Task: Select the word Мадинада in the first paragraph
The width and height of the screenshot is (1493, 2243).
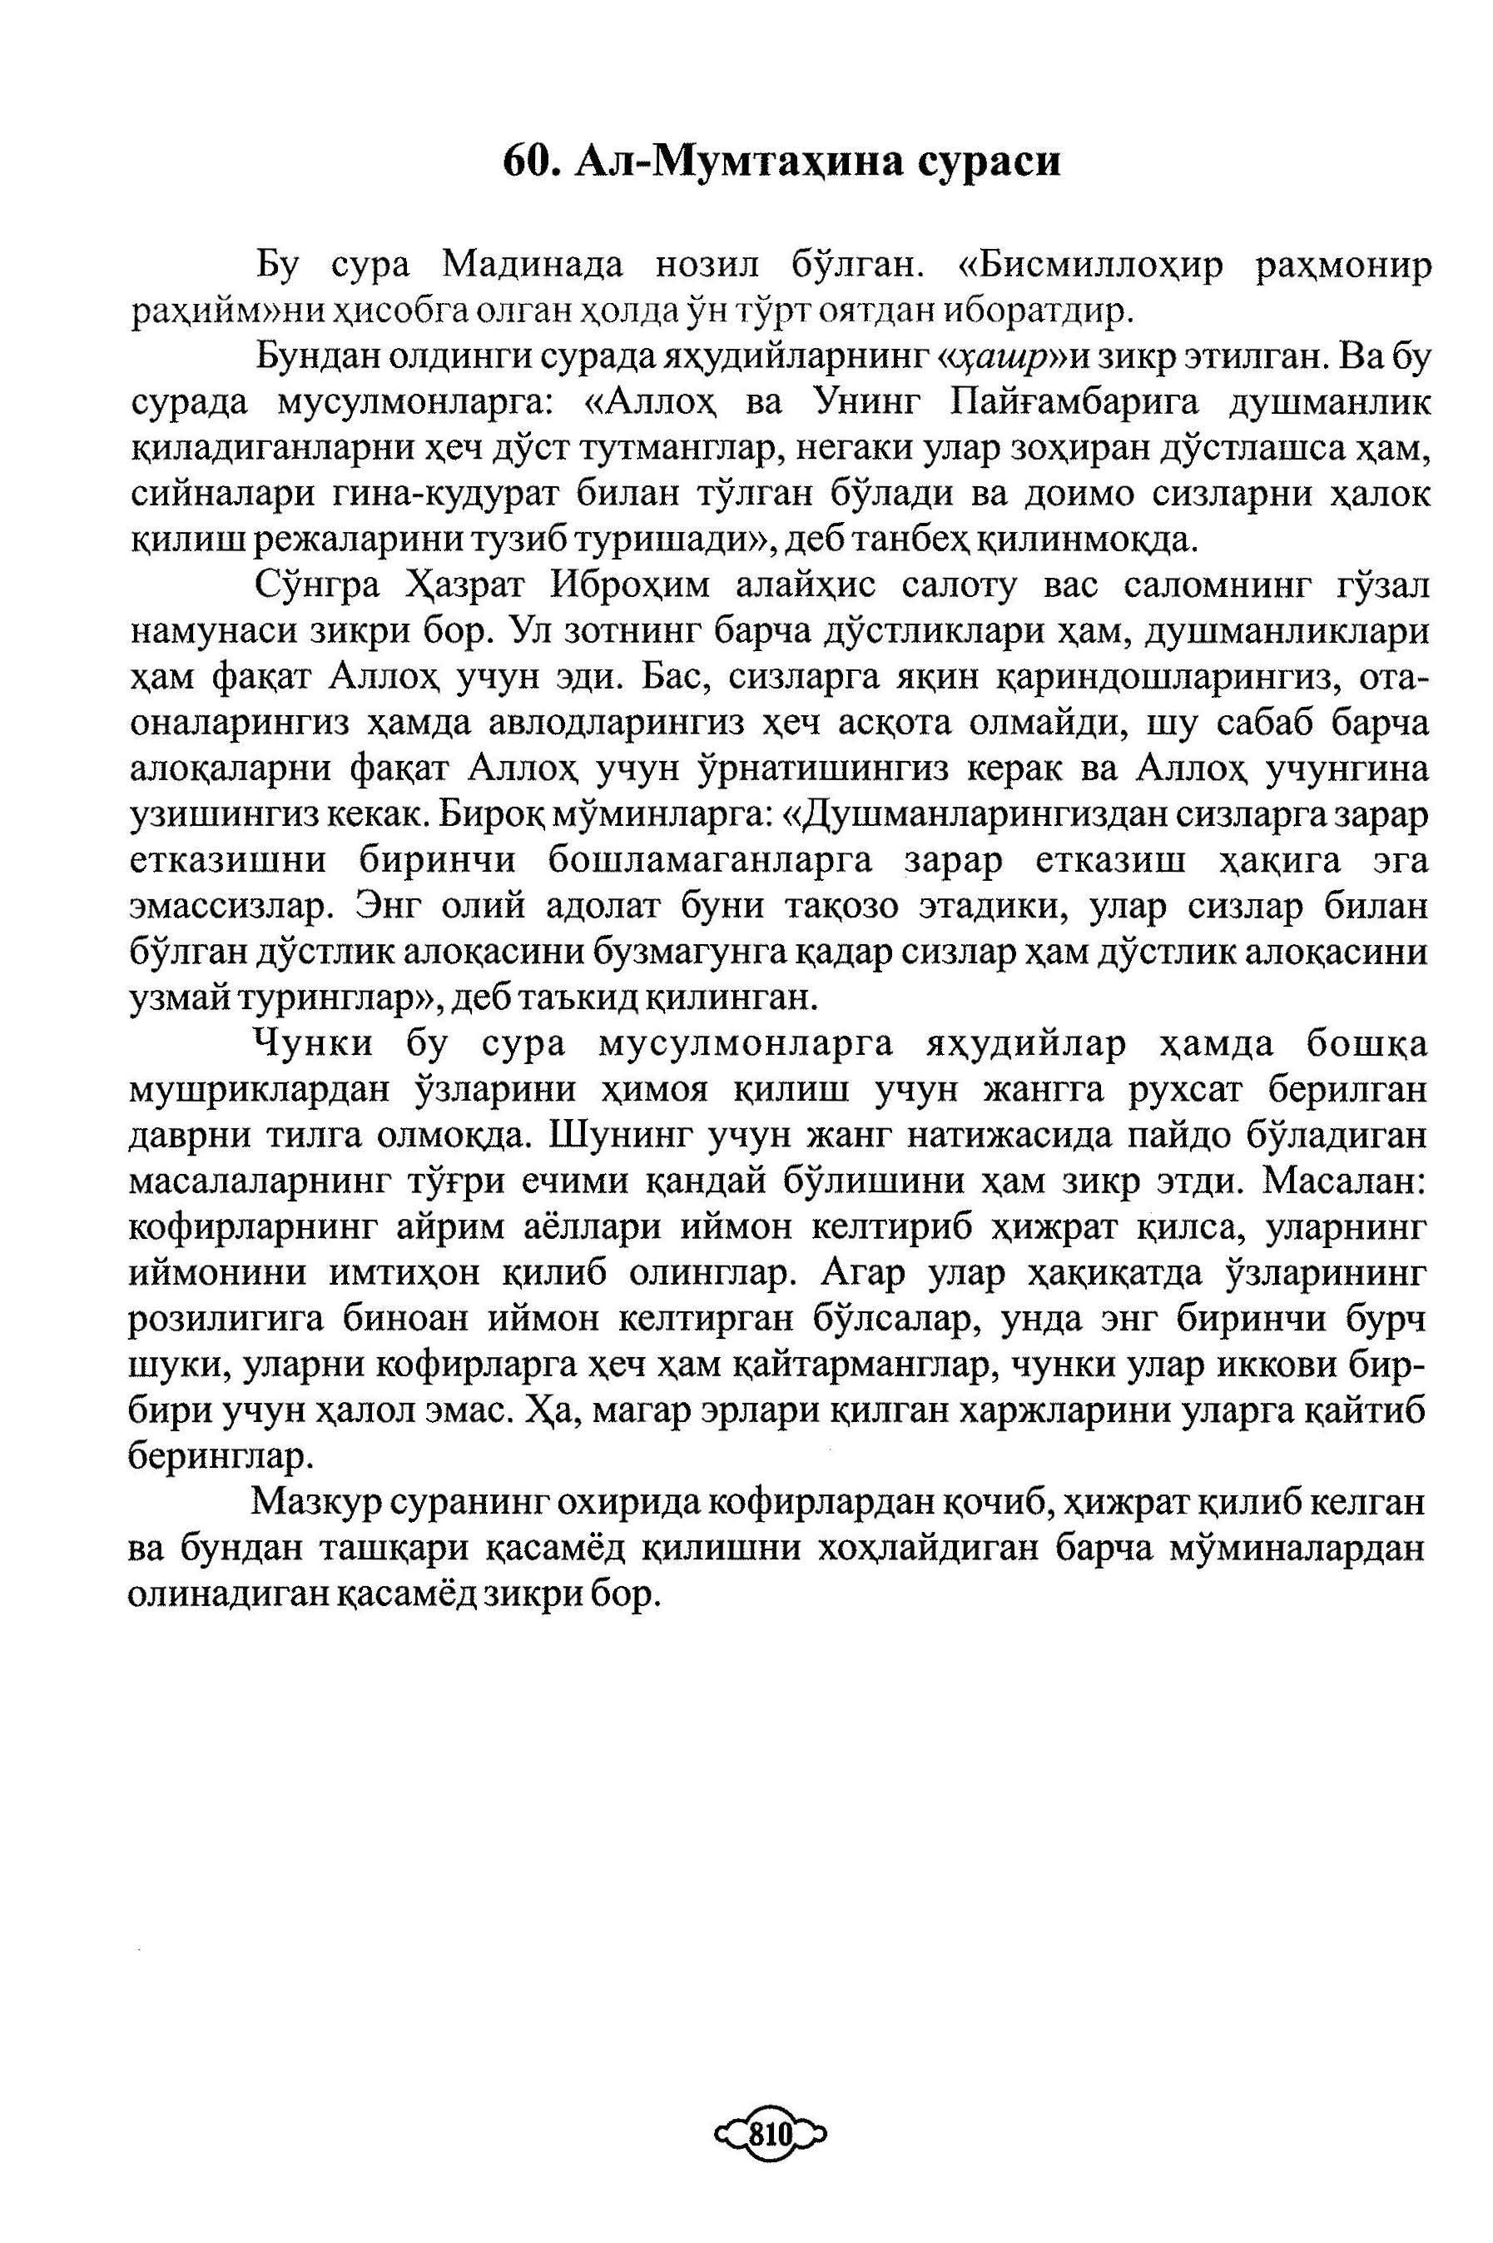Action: click(x=534, y=265)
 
